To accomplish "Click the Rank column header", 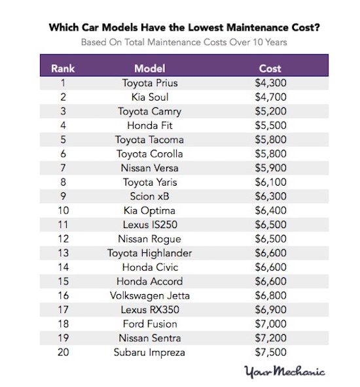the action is point(63,69).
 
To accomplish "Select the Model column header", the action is point(150,69).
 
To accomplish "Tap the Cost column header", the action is point(270,69).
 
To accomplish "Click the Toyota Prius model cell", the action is point(150,83).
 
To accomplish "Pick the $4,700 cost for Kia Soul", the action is point(270,97).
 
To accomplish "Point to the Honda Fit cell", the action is point(150,126).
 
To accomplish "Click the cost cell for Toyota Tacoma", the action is point(270,139).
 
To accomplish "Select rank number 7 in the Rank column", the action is point(63,168).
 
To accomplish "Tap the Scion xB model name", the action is point(150,196).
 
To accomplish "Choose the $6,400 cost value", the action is point(270,210).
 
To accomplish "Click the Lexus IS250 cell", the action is point(150,225).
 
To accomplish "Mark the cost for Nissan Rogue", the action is point(270,239).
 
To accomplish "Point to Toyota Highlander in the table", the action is point(149,253).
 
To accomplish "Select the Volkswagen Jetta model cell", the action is point(150,295).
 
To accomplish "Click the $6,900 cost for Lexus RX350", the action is point(270,309).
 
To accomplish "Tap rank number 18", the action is point(63,324).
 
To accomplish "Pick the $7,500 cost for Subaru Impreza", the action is point(270,352).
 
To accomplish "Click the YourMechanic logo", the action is point(284,371).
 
